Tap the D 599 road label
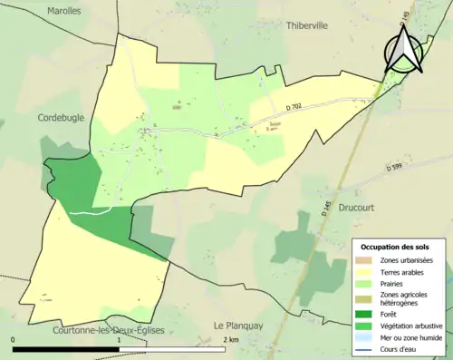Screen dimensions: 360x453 392,167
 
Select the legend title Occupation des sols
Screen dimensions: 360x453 396,247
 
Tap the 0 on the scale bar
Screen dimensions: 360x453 14,340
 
